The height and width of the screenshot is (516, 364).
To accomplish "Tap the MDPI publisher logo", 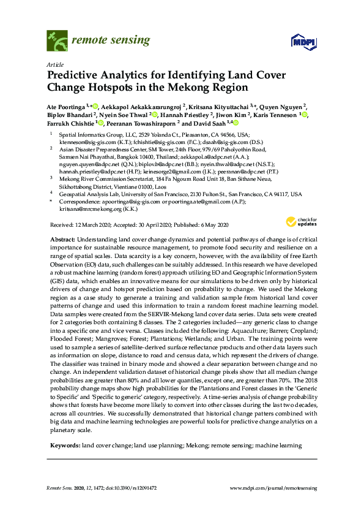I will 302,42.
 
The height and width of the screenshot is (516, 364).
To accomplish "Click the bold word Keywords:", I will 64,444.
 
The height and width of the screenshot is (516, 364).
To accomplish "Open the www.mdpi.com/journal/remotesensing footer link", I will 273,487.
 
